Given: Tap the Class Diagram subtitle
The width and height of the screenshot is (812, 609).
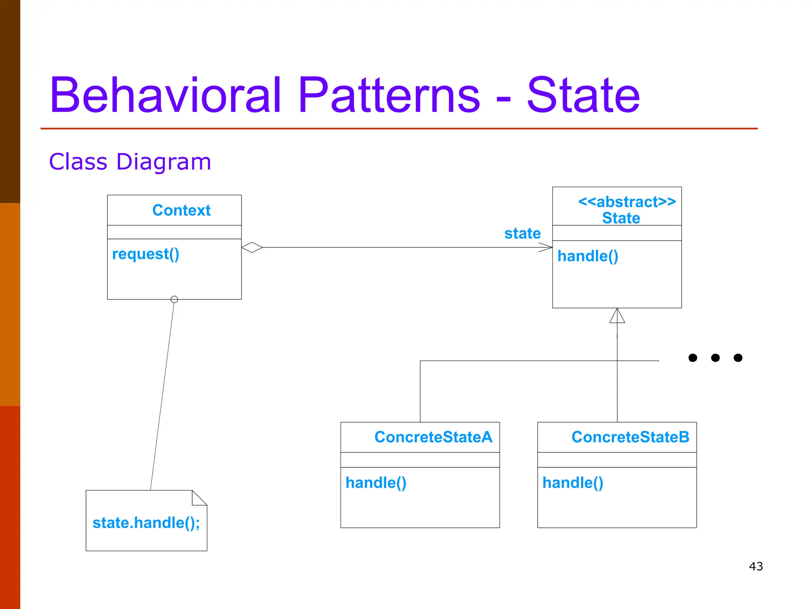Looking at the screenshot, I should coord(130,162).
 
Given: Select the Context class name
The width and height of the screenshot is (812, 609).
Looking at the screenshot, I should coord(181,210).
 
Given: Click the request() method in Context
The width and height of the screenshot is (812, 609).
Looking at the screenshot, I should coord(146,254).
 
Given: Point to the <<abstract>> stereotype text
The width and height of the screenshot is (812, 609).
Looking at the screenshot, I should coord(627,202).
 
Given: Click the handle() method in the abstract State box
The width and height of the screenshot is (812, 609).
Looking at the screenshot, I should coord(588,256).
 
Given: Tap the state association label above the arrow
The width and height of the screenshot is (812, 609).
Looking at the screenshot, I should coord(522,233).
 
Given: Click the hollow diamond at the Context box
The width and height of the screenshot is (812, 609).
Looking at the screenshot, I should coord(252,247).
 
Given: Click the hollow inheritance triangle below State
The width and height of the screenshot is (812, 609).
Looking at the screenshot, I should coord(617,316).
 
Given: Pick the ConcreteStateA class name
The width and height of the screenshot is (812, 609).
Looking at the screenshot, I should coord(433,437).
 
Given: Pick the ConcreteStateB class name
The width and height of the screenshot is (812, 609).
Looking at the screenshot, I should coord(630,437).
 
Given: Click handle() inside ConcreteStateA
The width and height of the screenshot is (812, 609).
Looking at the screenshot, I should coord(376,483).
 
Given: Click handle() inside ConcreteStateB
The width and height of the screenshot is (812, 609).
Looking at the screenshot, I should coord(573,483).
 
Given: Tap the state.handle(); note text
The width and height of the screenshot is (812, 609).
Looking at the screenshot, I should coord(146,523).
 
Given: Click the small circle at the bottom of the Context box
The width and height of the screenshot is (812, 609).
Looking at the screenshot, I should coord(174,299).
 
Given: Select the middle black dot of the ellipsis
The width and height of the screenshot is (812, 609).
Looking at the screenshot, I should coord(715,358).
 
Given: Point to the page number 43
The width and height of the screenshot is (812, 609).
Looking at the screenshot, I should coord(756,566).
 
